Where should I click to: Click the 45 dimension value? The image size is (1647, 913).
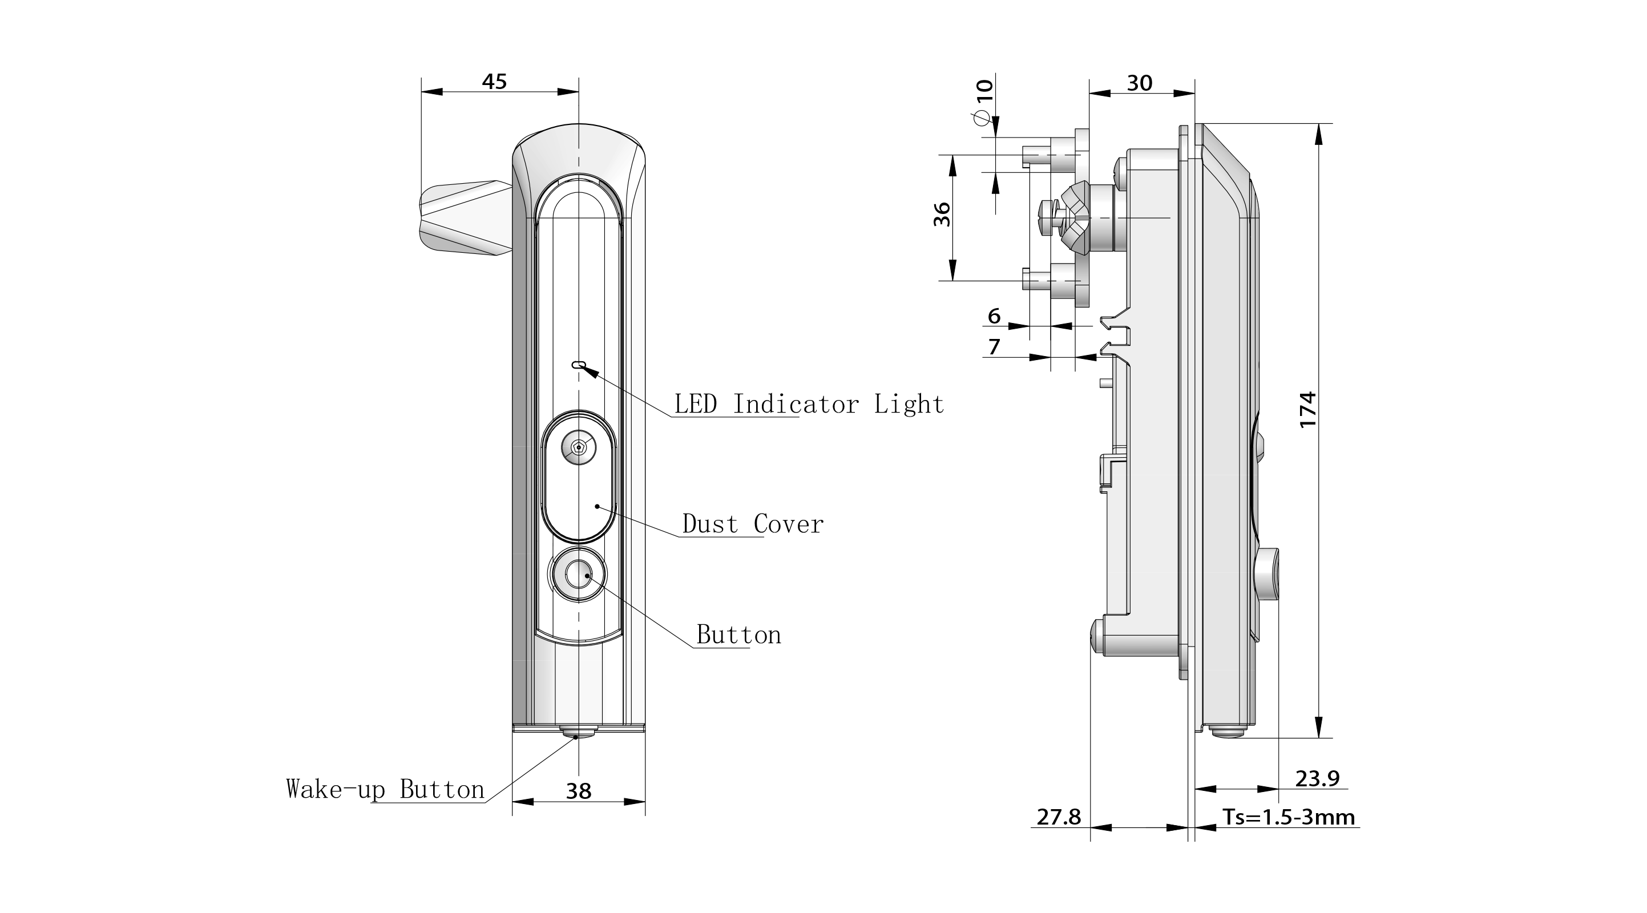[494, 82]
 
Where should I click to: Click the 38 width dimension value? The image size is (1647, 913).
[579, 791]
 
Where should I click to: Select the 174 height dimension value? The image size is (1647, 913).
[1308, 410]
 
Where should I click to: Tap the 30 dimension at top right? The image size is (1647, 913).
[1139, 83]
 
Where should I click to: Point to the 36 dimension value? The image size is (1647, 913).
[942, 214]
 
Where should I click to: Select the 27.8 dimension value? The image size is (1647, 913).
[1058, 817]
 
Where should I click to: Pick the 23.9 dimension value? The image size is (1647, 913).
[1317, 778]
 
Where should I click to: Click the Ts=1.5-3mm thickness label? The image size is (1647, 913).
[1288, 817]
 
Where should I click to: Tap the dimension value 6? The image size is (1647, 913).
[994, 316]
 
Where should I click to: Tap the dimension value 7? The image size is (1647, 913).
[994, 346]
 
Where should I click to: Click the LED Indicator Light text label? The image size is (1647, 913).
[809, 404]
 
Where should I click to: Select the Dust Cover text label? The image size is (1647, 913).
[753, 524]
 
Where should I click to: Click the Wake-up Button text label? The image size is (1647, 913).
[385, 790]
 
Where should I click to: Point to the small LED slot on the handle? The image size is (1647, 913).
[579, 365]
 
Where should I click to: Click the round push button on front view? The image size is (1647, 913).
[579, 575]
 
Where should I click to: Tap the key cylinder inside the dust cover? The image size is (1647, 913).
[579, 447]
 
